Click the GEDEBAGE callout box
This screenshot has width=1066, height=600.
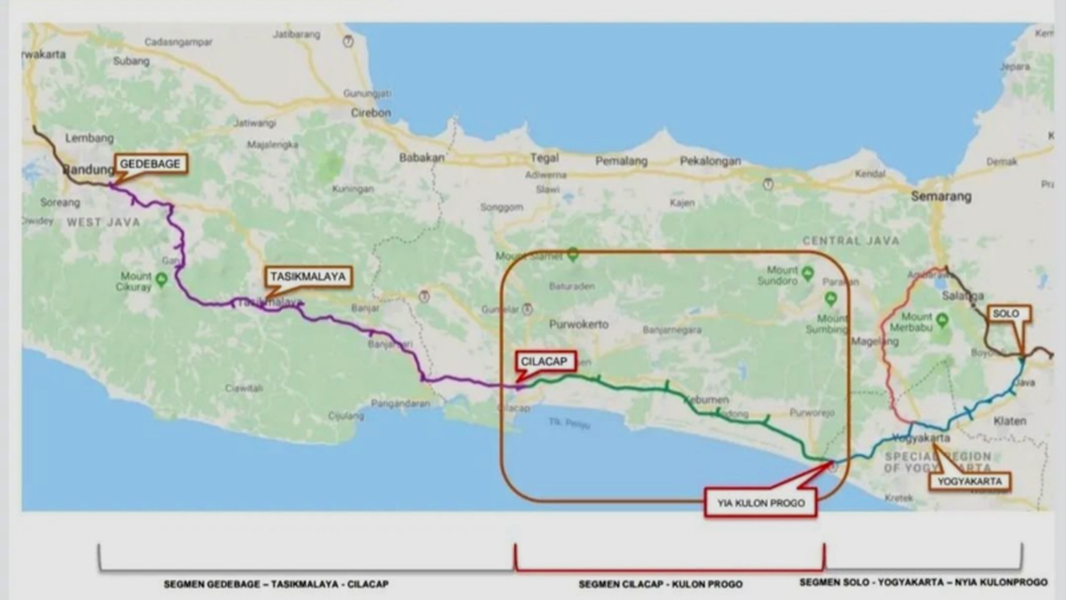150,164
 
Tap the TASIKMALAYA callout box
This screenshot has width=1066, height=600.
308,277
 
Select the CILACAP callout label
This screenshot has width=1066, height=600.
544,362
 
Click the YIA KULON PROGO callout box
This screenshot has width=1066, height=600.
761,503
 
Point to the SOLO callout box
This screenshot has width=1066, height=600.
1006,314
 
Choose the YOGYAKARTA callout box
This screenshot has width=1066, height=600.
969,482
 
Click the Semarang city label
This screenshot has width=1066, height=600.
940,197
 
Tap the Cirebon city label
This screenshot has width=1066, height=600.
371,113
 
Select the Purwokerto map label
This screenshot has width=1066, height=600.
578,324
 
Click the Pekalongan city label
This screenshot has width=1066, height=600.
710,161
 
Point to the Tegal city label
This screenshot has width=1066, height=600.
544,158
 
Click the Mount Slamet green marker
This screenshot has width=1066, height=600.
573,254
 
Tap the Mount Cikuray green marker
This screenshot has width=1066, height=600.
161,280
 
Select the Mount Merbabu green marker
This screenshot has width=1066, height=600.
942,319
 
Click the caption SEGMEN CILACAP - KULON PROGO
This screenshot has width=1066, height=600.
660,585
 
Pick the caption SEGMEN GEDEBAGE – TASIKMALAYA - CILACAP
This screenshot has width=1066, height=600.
276,585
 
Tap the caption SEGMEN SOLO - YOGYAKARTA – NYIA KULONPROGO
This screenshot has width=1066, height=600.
923,582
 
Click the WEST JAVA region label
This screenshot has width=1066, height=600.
104,222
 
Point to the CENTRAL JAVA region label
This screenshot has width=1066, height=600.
851,241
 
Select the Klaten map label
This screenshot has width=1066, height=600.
1010,421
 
